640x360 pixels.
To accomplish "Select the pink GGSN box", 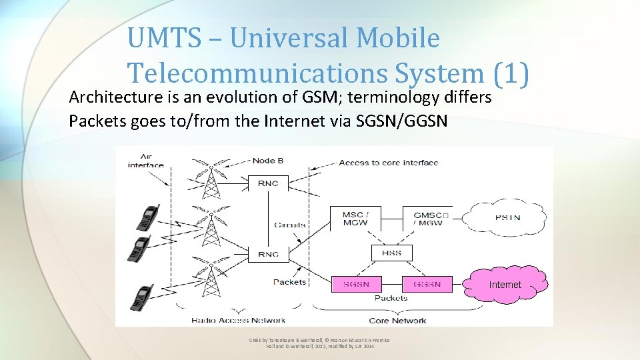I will pos(427,284).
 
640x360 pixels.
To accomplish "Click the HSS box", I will pos(391,253).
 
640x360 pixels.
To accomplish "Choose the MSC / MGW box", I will pos(353,218).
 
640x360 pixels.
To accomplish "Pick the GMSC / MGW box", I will pos(427,218).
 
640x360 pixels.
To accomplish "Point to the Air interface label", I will pos(146,160).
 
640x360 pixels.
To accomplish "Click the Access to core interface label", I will pos(388,163).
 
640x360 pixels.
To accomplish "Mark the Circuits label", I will pos(290,225).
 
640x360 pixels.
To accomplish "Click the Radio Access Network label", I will pos(238,320).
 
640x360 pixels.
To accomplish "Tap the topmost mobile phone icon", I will pos(147,217).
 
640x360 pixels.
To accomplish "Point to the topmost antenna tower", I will pos(211,177).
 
